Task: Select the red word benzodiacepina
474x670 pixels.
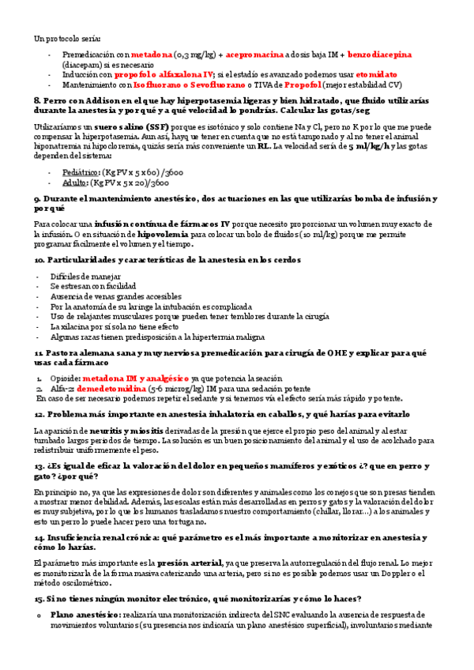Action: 380,55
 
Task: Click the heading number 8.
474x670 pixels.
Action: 37,101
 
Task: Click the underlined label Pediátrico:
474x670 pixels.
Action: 70,171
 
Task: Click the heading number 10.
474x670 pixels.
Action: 39,259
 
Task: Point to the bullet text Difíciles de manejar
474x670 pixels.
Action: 85,276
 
